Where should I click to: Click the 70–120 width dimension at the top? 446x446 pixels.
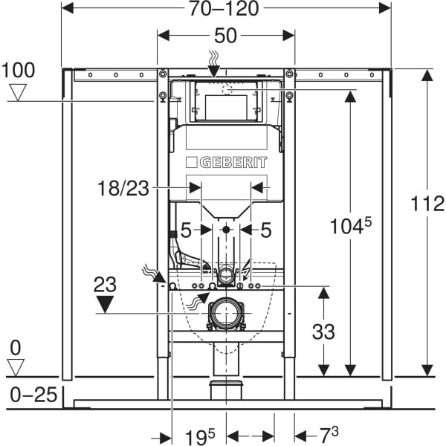click(x=227, y=9)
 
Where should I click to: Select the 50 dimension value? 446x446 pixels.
click(x=226, y=36)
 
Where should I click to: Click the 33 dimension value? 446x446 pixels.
click(x=323, y=332)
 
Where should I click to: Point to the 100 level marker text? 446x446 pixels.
click(x=19, y=71)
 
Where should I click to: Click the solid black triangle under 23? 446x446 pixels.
click(x=106, y=303)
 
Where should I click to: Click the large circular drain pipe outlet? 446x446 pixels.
click(x=226, y=313)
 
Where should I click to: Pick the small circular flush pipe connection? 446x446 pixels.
click(x=226, y=275)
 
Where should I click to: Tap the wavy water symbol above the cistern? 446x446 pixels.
click(x=214, y=56)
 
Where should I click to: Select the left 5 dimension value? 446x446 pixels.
click(x=186, y=230)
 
